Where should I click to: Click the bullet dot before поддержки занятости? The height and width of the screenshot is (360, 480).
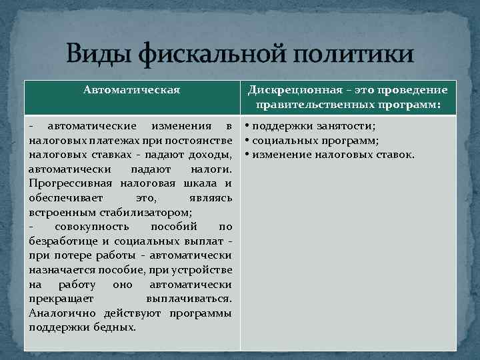pos(247,126)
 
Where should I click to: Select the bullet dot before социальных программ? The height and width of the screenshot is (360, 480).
pos(247,141)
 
